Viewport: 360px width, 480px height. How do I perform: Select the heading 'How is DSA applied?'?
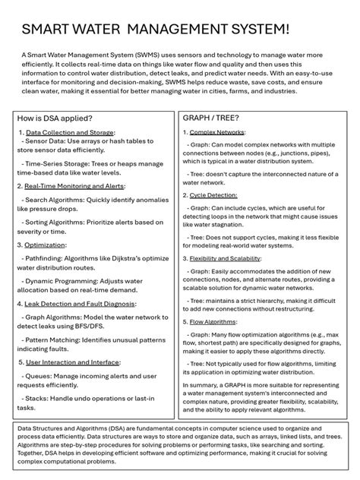pyautogui.click(x=55, y=118)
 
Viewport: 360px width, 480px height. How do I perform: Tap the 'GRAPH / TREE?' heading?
pyautogui.click(x=211, y=118)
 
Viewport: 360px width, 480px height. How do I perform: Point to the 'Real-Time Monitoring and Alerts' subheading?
pyautogui.click(x=74, y=185)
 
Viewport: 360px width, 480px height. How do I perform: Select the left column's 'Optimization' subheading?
pyautogui.click(x=46, y=245)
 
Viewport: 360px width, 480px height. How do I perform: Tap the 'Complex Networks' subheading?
pyautogui.click(x=217, y=133)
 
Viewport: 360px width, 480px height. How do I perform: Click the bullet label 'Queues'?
pyautogui.click(x=40, y=376)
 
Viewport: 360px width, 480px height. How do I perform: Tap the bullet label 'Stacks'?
pyautogui.click(x=39, y=398)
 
